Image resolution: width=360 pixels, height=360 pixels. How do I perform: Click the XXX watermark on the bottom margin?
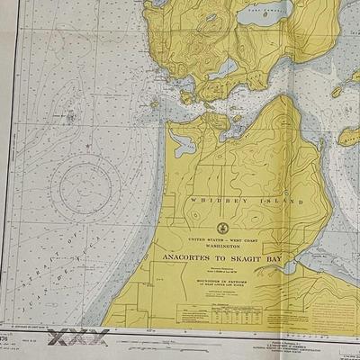click(82, 338)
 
